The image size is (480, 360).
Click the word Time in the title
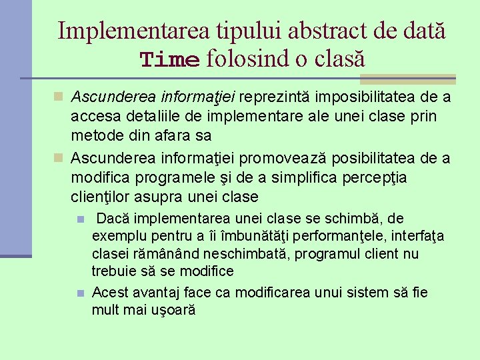click(x=169, y=60)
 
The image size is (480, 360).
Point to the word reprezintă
click(x=279, y=98)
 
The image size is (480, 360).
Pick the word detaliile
click(x=145, y=117)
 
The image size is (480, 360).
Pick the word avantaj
click(x=156, y=293)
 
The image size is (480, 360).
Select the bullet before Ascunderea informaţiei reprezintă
click(x=59, y=98)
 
